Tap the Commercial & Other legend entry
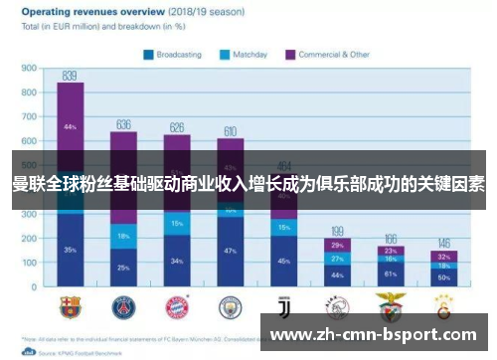(x=327, y=55)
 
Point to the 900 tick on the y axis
(x=29, y=69)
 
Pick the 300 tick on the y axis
(x=29, y=215)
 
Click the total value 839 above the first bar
(x=70, y=76)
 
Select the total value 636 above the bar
(x=123, y=124)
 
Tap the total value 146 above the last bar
(x=444, y=243)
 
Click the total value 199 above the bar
(x=337, y=230)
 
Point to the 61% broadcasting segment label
(x=391, y=272)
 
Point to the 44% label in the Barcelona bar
(x=70, y=127)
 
